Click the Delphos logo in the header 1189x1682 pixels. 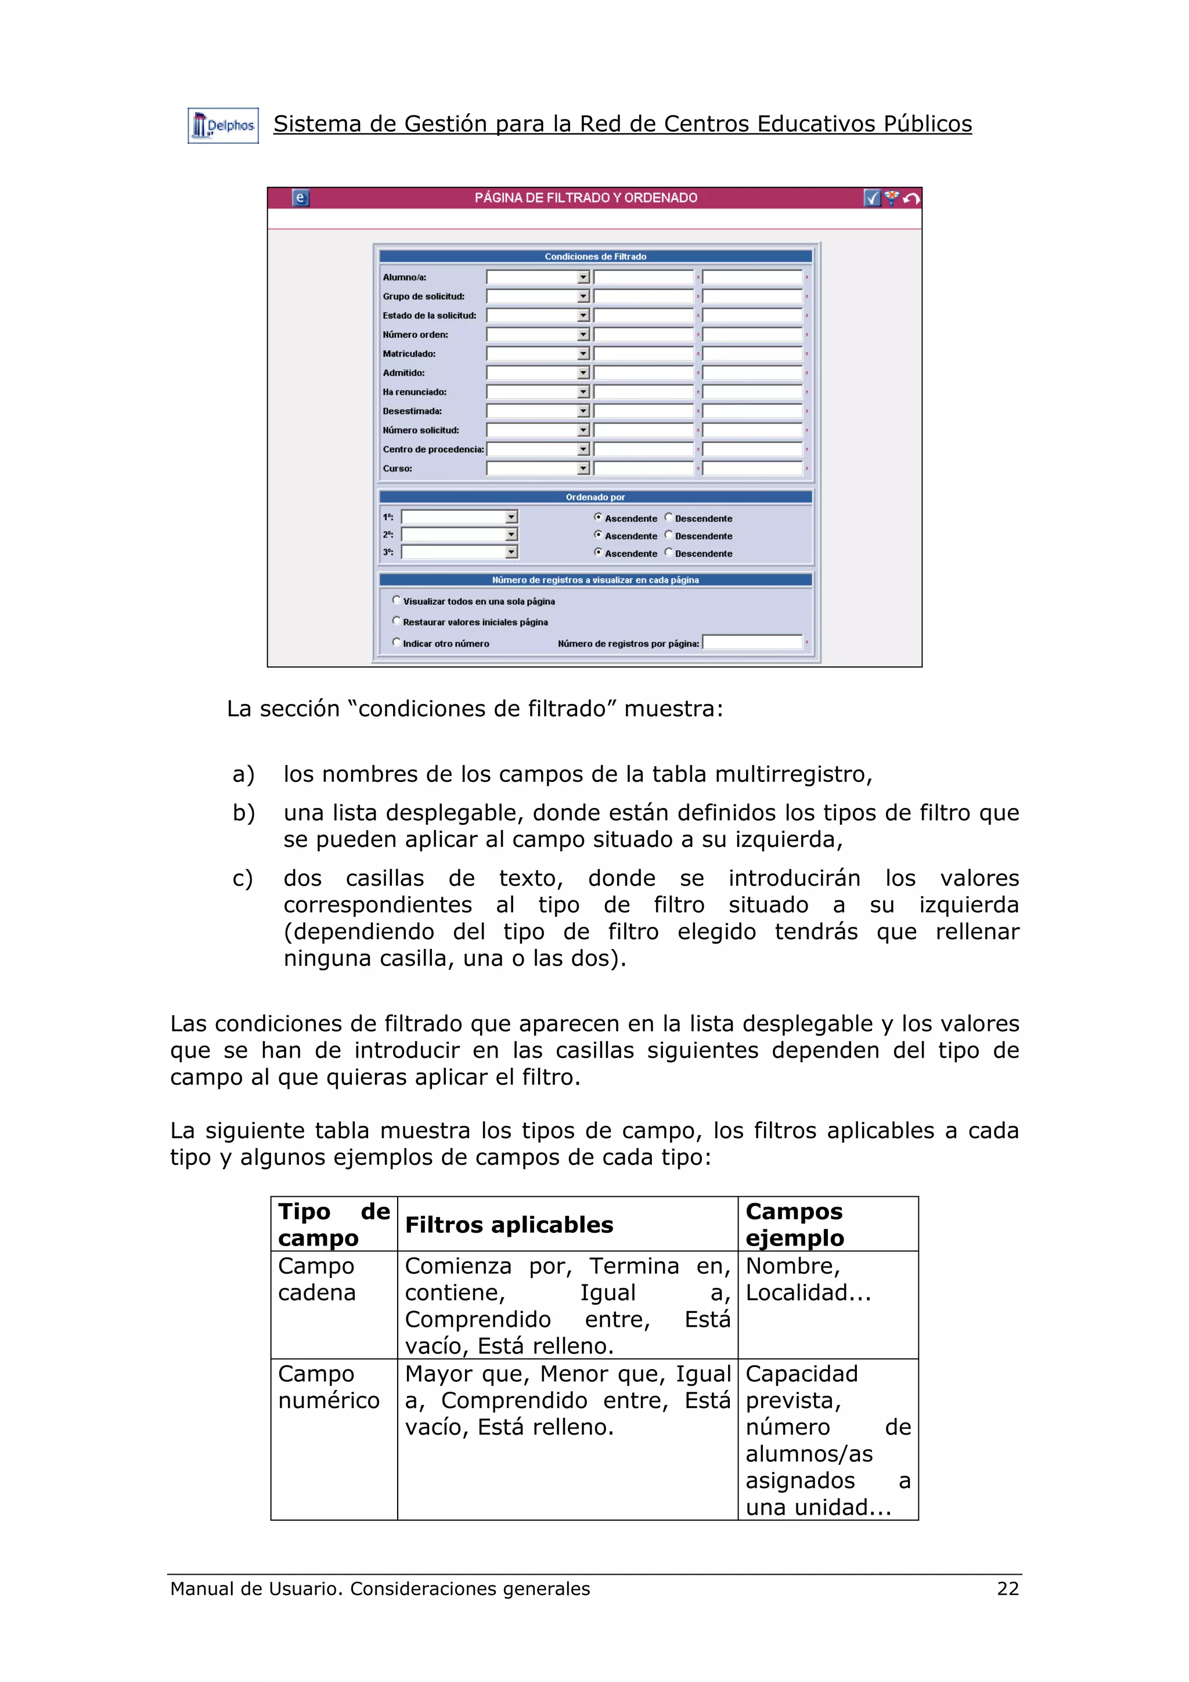click(x=223, y=126)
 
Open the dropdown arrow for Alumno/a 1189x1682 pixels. click(x=583, y=277)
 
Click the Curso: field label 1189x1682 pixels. click(x=397, y=469)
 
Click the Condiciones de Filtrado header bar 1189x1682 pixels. click(x=595, y=257)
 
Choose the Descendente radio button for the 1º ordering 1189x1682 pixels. click(x=668, y=517)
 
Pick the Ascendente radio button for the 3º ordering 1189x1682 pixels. click(x=598, y=553)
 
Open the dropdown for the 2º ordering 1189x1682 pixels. click(x=511, y=535)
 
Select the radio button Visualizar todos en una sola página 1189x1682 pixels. click(x=397, y=600)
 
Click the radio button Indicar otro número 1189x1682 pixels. click(x=397, y=643)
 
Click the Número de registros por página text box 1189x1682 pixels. click(x=752, y=643)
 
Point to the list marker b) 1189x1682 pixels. click(x=243, y=813)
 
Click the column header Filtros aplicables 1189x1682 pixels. click(x=509, y=1225)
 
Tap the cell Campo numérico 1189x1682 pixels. click(x=328, y=1387)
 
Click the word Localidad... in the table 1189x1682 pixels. click(x=808, y=1293)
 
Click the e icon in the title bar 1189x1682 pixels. click(x=300, y=198)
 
